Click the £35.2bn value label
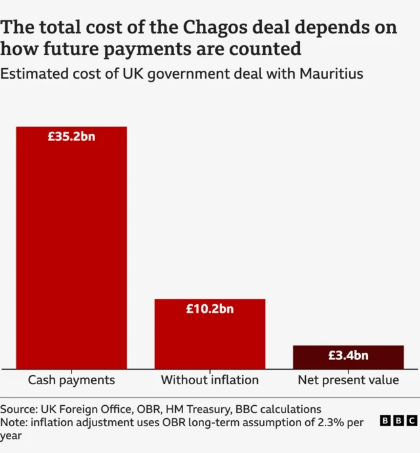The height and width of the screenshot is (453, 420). pyautogui.click(x=72, y=137)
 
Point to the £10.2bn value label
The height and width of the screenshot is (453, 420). pyautogui.click(x=210, y=309)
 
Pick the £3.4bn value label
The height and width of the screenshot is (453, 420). pyautogui.click(x=348, y=356)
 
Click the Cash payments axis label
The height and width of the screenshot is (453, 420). pyautogui.click(x=72, y=380)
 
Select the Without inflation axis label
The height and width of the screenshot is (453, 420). pyautogui.click(x=210, y=380)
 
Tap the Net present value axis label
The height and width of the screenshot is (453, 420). pyautogui.click(x=348, y=380)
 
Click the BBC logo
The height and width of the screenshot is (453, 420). pyautogui.click(x=398, y=421)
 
